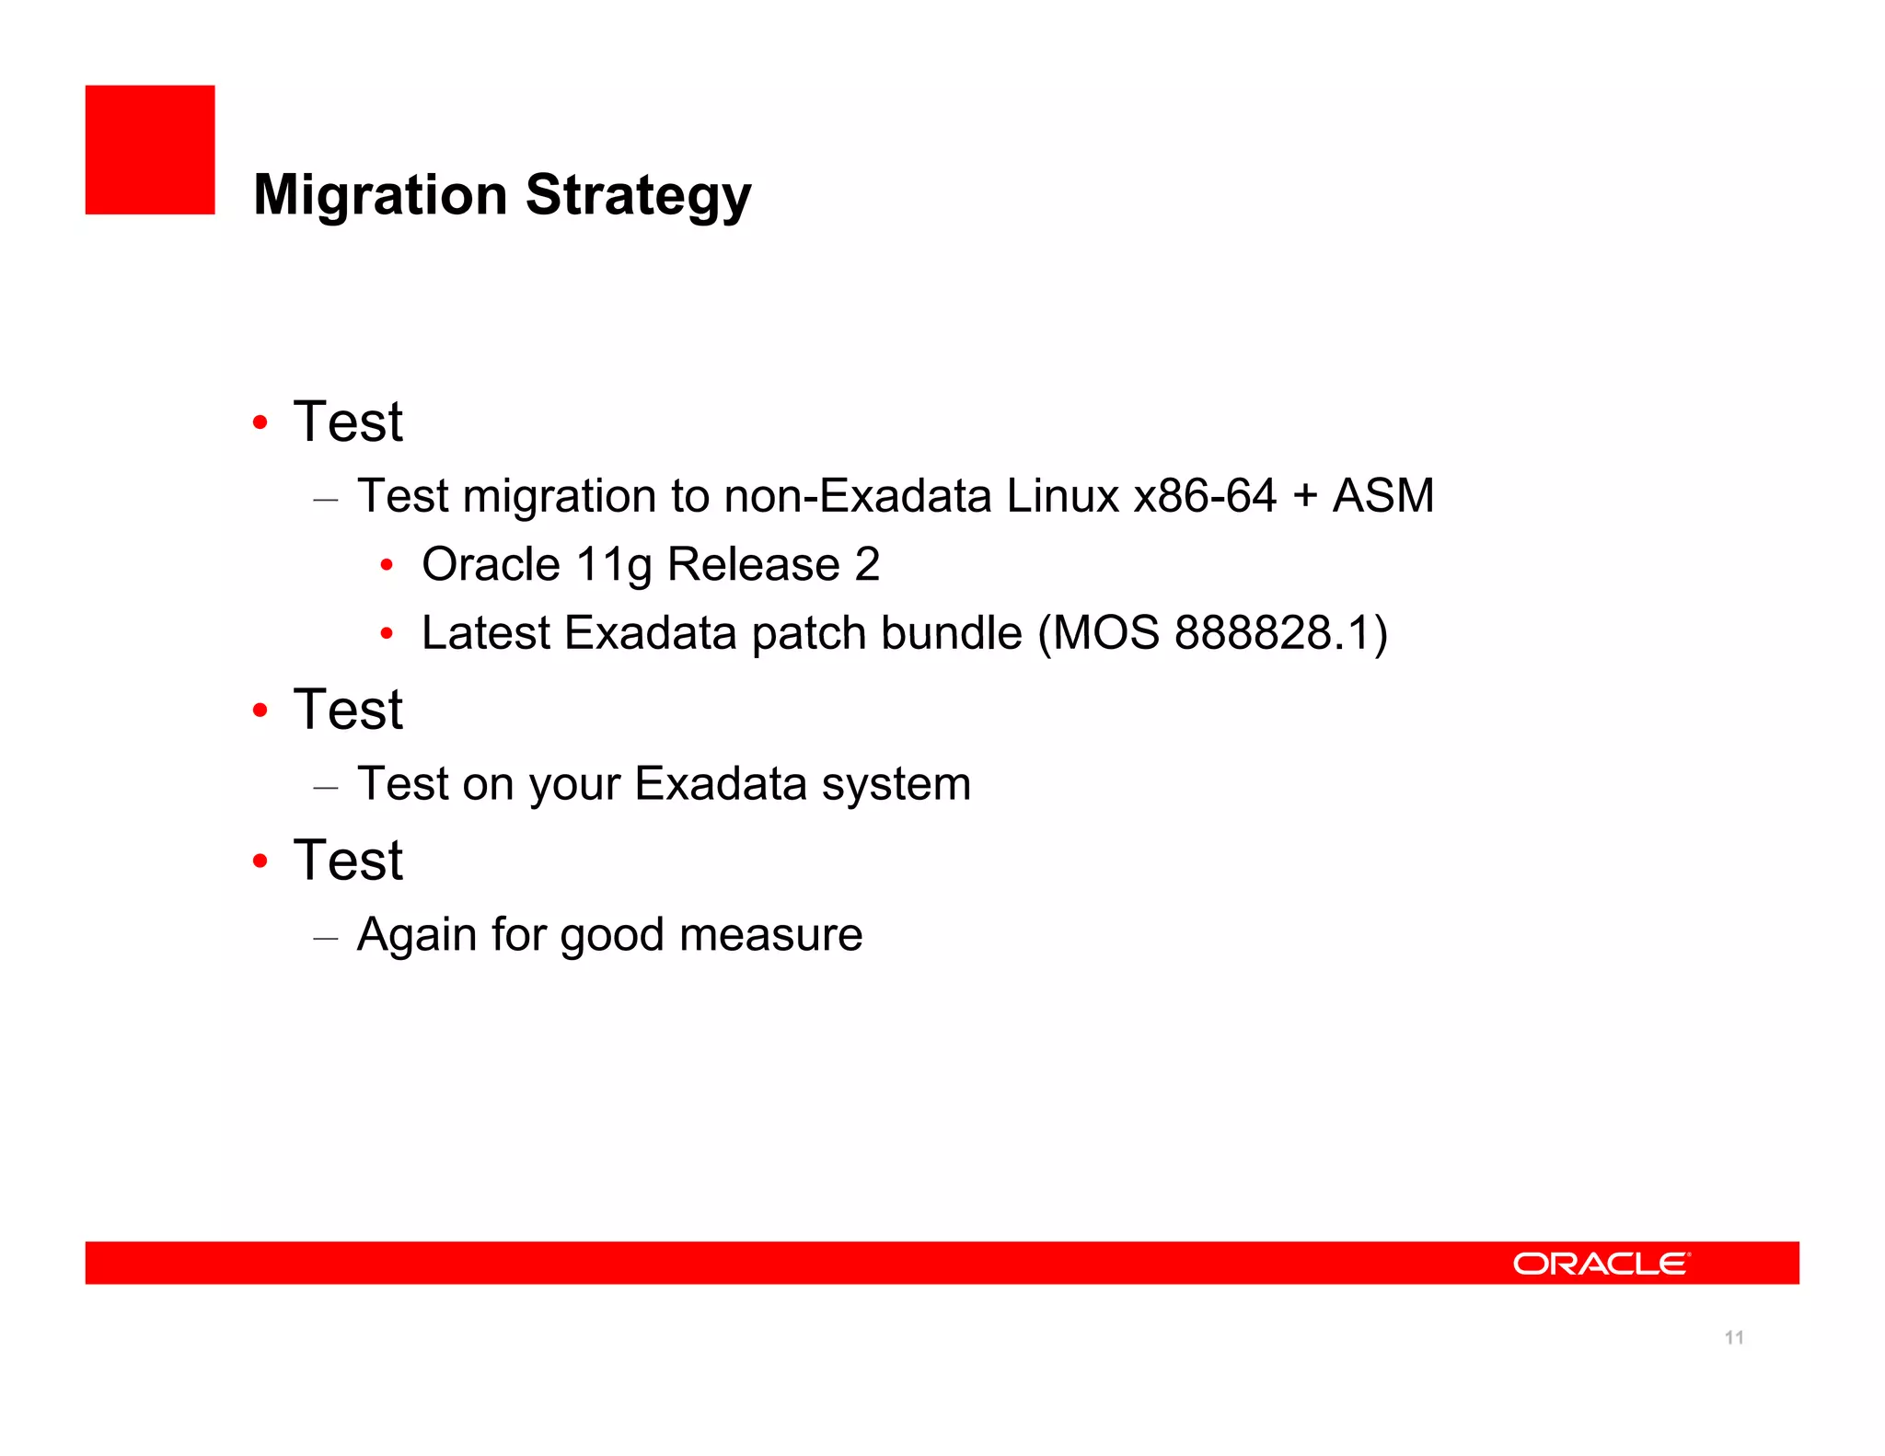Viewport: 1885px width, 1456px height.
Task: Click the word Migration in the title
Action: coord(379,195)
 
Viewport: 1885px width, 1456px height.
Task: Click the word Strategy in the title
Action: coord(638,195)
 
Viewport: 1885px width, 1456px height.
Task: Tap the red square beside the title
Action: coord(150,150)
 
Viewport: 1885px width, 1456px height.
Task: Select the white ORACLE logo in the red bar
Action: coord(1601,1264)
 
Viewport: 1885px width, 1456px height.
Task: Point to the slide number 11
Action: coord(1734,1337)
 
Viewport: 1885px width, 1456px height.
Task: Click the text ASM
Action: coord(1383,496)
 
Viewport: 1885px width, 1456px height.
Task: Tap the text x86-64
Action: coord(1205,496)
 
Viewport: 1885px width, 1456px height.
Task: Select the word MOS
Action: coord(1105,633)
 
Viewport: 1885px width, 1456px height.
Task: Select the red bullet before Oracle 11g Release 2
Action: coord(387,565)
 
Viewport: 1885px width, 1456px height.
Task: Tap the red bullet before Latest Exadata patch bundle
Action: coord(387,633)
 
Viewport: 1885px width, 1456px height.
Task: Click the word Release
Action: coord(753,565)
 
